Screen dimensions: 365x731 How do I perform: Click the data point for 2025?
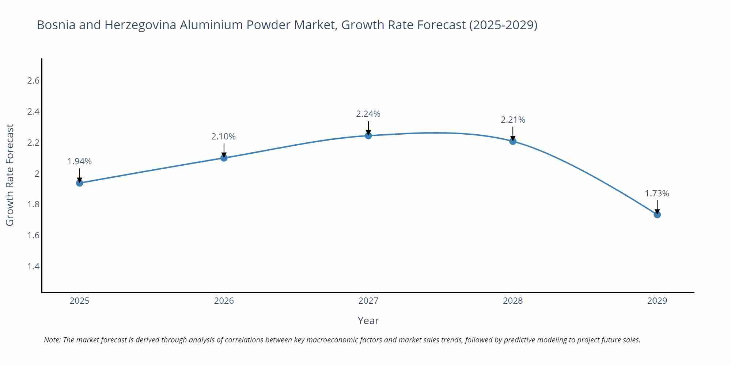click(80, 183)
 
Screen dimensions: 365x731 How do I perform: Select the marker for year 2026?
click(224, 158)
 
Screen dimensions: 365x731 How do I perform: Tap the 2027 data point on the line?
click(368, 136)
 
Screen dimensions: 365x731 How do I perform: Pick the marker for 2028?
click(513, 141)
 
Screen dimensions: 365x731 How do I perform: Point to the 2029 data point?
click(657, 215)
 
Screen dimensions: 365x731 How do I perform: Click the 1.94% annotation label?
click(80, 161)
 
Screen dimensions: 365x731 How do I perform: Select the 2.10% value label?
click(223, 137)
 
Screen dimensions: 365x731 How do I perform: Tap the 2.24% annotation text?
click(368, 114)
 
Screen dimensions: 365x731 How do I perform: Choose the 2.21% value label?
click(513, 120)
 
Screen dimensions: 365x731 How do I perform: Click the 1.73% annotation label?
click(657, 193)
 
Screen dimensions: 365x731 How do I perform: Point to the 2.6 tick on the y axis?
click(33, 81)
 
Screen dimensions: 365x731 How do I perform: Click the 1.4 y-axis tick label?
click(33, 266)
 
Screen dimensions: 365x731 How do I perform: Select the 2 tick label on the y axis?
click(37, 173)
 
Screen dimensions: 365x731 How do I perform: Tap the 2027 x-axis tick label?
click(368, 301)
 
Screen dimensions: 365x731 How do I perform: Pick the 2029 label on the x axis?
click(657, 301)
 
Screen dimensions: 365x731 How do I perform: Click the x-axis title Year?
click(368, 320)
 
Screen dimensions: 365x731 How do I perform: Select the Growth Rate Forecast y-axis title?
click(10, 175)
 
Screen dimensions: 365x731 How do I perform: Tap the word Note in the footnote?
click(52, 340)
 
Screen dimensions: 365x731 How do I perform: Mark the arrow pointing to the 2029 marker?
click(657, 207)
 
